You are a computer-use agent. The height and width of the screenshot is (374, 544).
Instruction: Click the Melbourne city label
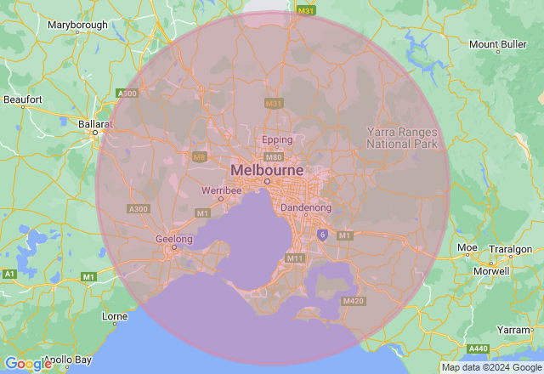point(266,170)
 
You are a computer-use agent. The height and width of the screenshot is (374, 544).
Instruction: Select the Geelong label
point(174,239)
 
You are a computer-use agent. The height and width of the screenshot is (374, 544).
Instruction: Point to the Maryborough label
point(77,25)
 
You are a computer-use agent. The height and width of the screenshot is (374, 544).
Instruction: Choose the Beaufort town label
point(23,99)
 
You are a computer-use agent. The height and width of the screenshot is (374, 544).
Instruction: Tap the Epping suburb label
point(277,140)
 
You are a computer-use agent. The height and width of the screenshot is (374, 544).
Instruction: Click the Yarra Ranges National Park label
point(401,138)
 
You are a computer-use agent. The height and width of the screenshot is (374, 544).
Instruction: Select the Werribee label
point(222,190)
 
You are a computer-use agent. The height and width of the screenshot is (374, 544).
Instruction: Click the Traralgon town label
point(510,249)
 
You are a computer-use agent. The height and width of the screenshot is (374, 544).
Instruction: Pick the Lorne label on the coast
point(114,316)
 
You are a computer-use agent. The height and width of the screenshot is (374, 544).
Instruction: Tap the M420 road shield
point(353,302)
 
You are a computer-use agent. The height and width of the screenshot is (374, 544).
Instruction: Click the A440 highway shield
point(478,348)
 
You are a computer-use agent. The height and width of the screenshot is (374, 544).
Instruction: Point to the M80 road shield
point(273,157)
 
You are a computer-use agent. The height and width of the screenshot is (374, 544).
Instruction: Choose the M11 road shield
point(295,258)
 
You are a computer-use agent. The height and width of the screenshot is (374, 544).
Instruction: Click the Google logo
point(28,364)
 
